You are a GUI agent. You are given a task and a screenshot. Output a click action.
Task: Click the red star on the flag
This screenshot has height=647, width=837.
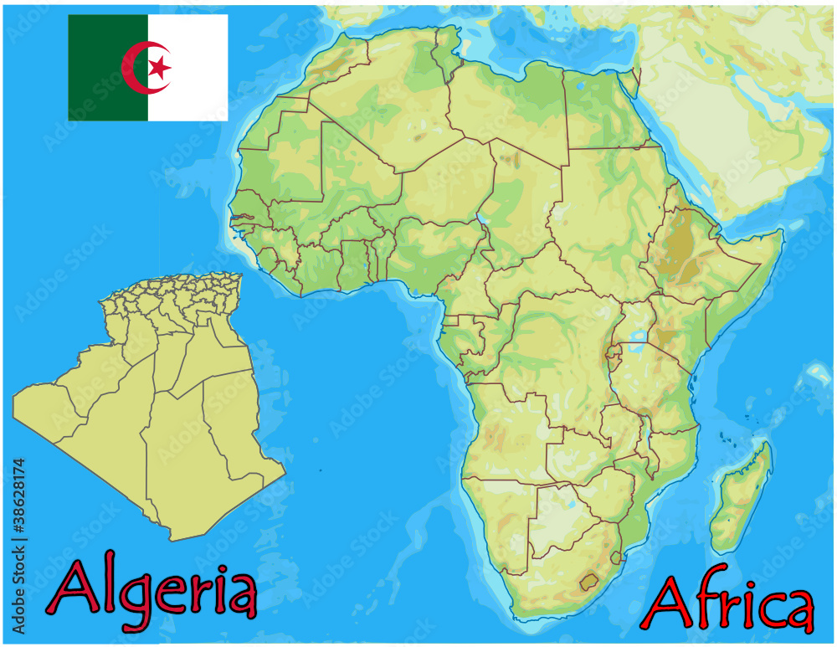pos(159,67)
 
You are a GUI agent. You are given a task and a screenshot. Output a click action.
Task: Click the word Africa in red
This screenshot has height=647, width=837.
pos(727,603)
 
